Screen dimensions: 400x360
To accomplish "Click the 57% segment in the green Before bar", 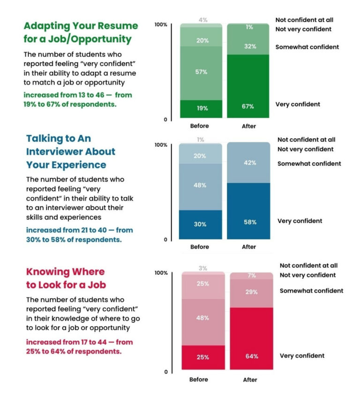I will [202, 73].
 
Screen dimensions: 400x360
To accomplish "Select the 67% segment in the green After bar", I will [248, 87].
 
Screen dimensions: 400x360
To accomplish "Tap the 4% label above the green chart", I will [202, 20].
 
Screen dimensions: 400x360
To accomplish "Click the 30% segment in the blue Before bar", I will [200, 224].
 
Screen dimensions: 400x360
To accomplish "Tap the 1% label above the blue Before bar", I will [201, 140].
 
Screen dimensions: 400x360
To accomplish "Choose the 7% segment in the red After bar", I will [251, 276].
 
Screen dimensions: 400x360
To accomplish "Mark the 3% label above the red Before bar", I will [202, 268].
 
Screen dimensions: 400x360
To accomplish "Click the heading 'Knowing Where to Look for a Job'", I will [66, 278].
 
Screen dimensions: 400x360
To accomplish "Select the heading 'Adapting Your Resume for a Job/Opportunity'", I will [81, 32].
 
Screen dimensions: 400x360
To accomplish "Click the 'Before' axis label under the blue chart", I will [200, 247].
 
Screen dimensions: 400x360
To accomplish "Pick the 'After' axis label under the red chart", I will [250, 379].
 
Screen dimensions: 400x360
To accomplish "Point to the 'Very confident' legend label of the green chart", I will [298, 104].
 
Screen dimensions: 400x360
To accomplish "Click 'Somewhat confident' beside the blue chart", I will [309, 164].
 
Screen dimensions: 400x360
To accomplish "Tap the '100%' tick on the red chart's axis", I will [161, 273].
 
